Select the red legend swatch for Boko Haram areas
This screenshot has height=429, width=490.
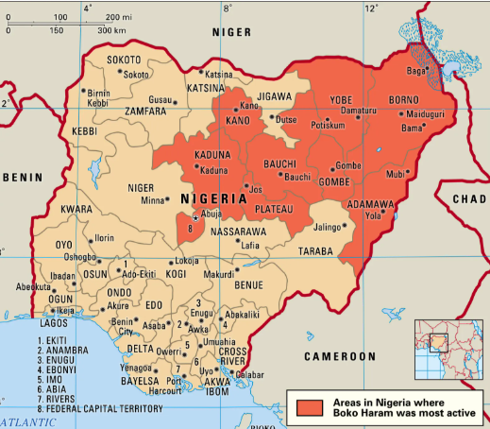click(312, 407)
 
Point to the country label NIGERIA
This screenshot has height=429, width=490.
click(216, 198)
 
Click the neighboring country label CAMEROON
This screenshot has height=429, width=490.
click(339, 356)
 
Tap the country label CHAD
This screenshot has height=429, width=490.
click(469, 199)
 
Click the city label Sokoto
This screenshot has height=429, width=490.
click(137, 75)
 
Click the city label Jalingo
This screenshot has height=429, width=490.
click(326, 227)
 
